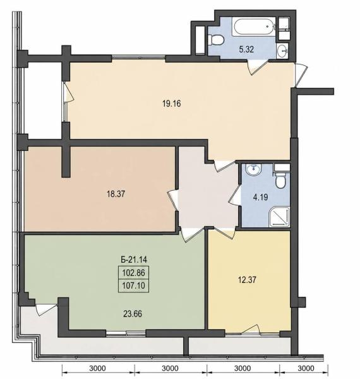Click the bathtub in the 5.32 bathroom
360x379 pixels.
[253, 27]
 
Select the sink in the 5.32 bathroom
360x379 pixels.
[282, 51]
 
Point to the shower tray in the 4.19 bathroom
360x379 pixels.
[280, 217]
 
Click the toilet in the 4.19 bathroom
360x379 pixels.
[281, 179]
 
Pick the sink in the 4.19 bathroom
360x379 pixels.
[253, 169]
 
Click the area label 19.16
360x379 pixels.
[172, 104]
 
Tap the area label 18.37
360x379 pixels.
[116, 194]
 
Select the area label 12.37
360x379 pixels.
[247, 280]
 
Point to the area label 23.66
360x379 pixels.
[133, 314]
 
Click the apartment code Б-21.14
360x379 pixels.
[134, 260]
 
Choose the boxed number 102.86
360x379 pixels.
[134, 273]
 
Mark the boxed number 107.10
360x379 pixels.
[134, 286]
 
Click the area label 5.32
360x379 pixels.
[246, 49]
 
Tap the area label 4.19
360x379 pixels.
[260, 197]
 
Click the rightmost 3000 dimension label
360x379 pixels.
[306, 368]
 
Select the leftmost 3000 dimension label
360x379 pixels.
[97, 368]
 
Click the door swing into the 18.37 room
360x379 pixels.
[174, 201]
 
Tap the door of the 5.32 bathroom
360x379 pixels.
[258, 67]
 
